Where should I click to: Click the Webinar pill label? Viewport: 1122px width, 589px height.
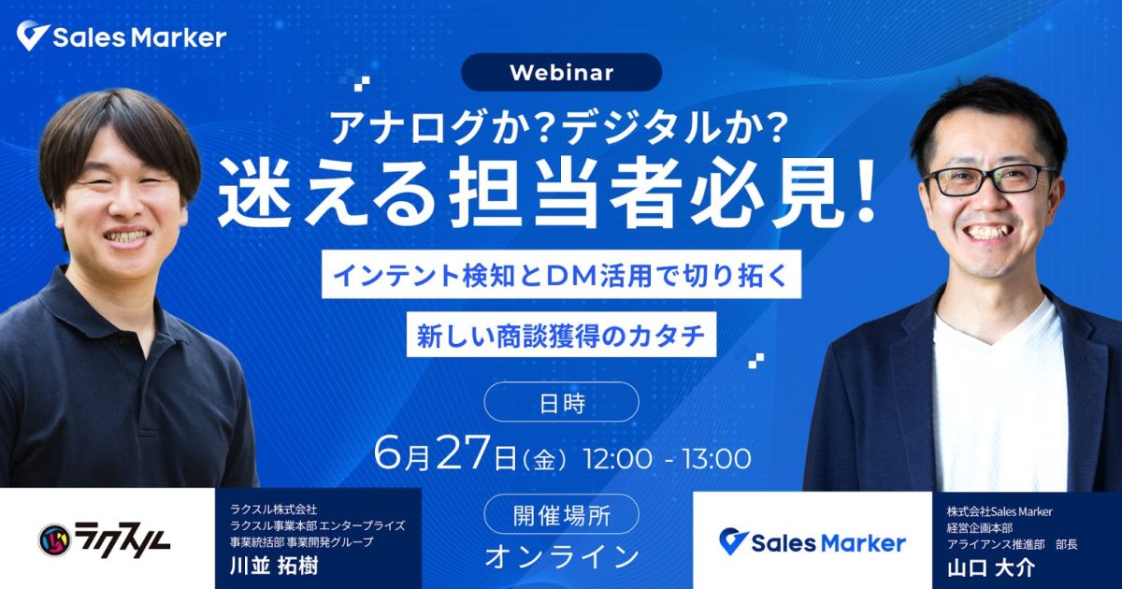point(562,73)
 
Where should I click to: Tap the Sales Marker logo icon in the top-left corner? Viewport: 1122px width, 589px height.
point(33,36)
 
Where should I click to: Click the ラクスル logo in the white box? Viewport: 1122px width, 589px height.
point(104,540)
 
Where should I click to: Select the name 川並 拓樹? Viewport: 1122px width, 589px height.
point(274,566)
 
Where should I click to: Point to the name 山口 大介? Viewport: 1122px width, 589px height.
point(991,568)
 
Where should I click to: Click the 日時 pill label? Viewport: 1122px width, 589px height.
point(562,402)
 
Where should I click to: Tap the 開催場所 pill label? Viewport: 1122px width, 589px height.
point(562,514)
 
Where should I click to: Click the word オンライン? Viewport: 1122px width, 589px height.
point(562,556)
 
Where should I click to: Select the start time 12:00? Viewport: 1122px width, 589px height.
point(618,459)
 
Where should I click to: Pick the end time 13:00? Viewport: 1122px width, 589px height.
point(717,459)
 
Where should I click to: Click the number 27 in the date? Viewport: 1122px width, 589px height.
point(462,453)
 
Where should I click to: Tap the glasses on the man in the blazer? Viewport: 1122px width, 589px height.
point(990,180)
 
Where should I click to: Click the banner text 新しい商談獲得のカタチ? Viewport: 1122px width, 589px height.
point(562,335)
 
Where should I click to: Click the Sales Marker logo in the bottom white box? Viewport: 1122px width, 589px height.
point(813,543)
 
